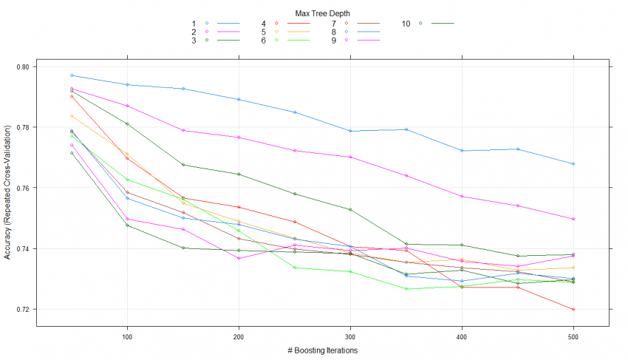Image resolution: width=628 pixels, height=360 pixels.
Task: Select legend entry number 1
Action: click(x=194, y=24)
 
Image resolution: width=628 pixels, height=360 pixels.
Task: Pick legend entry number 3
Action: click(x=194, y=41)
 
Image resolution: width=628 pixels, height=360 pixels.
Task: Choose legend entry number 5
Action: click(x=263, y=33)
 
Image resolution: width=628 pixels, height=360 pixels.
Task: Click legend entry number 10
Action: click(x=406, y=24)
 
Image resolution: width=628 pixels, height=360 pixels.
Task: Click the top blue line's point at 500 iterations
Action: click(x=573, y=164)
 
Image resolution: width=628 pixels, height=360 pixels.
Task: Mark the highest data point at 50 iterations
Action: click(x=72, y=75)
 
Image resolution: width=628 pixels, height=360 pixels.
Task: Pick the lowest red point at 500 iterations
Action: click(x=573, y=309)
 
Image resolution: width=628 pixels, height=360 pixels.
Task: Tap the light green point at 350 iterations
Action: click(x=406, y=288)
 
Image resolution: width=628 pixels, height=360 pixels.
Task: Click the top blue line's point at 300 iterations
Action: click(x=350, y=131)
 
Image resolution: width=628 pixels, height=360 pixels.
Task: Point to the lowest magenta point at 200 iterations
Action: click(x=239, y=258)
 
